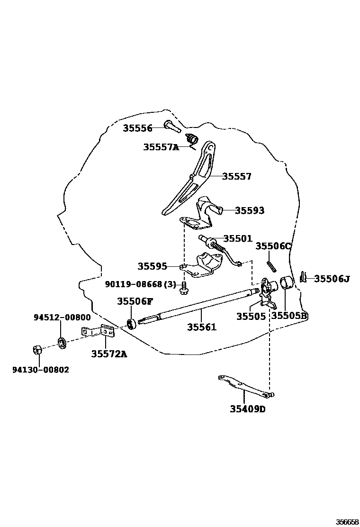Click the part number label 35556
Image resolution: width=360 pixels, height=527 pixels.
(x=137, y=128)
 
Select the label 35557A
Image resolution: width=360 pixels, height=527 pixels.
(x=161, y=147)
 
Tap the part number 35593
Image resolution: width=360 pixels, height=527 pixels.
(x=250, y=210)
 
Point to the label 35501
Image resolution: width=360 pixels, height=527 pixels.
(x=238, y=239)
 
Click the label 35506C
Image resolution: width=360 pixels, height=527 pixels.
(x=273, y=246)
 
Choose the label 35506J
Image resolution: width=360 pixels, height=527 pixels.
(x=332, y=279)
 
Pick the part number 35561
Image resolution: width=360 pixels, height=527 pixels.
(x=201, y=327)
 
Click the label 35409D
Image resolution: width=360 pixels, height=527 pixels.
(x=248, y=409)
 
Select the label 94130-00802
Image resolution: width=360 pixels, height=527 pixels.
(x=40, y=370)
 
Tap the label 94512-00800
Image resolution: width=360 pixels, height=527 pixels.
(x=62, y=318)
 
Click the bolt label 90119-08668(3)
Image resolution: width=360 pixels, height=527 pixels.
(x=140, y=284)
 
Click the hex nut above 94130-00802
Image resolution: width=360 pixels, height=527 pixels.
(x=37, y=350)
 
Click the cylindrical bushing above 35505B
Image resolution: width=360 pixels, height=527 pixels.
(x=287, y=283)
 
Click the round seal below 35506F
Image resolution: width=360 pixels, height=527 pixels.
(x=132, y=324)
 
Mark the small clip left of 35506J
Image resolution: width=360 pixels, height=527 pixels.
(x=304, y=277)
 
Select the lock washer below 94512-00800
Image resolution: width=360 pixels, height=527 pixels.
(x=61, y=341)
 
